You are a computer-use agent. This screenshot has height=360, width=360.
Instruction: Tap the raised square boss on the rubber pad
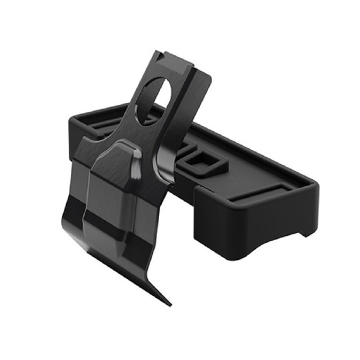click(202, 161)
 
